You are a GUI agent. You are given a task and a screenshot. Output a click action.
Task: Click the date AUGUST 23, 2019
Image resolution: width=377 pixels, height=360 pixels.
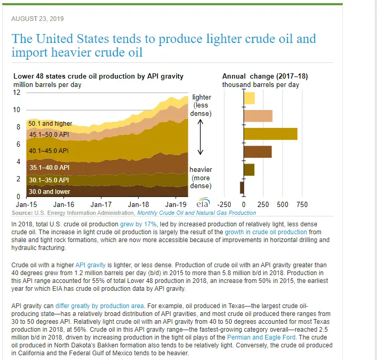[x=37, y=19]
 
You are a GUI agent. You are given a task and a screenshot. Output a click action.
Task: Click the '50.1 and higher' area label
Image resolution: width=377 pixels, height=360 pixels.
[x=50, y=124]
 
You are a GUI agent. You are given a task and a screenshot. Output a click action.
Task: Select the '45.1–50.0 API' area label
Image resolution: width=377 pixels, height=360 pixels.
[x=49, y=135]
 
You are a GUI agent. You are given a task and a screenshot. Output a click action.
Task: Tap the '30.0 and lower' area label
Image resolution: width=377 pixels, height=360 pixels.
[x=49, y=192]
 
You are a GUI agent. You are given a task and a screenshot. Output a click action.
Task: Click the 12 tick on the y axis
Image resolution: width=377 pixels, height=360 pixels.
[x=16, y=93]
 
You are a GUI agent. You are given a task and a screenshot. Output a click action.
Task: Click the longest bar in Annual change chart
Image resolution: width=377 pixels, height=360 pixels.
[x=270, y=133]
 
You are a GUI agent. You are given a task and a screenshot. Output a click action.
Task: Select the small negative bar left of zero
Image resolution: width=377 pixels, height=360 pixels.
[x=242, y=187]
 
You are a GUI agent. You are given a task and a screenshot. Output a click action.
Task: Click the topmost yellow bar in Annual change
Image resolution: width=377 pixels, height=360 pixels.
[x=249, y=97]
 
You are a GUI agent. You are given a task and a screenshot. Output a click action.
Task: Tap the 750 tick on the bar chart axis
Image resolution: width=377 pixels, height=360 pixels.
[x=302, y=204]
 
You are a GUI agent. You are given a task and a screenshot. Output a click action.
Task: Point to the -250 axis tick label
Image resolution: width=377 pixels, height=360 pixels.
[x=224, y=204]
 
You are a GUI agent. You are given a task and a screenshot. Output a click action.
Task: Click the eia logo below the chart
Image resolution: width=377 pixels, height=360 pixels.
[x=202, y=204]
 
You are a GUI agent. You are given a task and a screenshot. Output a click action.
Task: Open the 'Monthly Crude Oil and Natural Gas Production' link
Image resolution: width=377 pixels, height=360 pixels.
[x=196, y=213]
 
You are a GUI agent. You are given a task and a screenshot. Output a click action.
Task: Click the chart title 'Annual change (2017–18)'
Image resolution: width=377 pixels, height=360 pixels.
[x=258, y=77]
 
